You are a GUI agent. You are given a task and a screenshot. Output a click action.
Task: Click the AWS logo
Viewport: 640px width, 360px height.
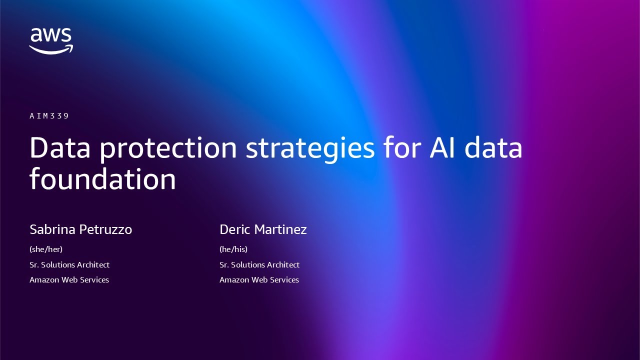pyautogui.click(x=51, y=40)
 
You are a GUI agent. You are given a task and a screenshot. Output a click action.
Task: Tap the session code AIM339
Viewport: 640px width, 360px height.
pyautogui.click(x=49, y=116)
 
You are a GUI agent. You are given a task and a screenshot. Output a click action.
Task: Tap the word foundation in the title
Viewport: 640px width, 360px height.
pyautogui.click(x=102, y=178)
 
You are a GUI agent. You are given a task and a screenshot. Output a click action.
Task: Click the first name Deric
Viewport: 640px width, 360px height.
pyautogui.click(x=235, y=229)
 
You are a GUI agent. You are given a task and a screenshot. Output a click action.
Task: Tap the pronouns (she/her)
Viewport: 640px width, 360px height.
pyautogui.click(x=46, y=249)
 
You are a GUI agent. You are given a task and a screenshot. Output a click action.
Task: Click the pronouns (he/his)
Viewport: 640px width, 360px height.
pyautogui.click(x=233, y=249)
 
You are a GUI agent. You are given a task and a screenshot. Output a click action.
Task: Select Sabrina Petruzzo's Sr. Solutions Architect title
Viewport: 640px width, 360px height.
pyautogui.click(x=69, y=264)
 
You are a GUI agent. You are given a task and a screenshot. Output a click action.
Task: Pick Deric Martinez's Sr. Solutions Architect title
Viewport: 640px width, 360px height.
pyautogui.click(x=259, y=264)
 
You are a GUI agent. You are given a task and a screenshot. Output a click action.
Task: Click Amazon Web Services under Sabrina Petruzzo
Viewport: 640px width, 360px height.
pyautogui.click(x=69, y=279)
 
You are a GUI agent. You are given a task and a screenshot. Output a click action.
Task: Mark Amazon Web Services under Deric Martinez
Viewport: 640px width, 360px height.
pyautogui.click(x=259, y=279)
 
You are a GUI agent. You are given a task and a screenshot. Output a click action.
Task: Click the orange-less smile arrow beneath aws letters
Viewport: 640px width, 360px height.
pyautogui.click(x=51, y=49)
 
